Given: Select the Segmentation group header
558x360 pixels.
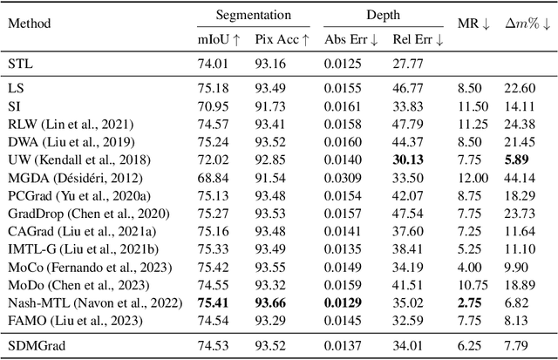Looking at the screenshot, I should pos(254,15).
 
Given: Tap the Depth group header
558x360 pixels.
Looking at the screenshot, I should pos(384,15).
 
